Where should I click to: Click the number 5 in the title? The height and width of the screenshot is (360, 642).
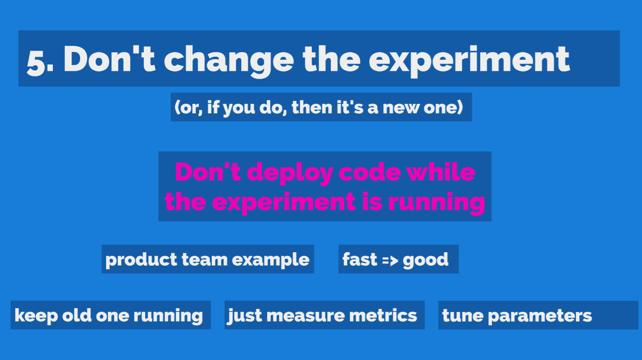pyautogui.click(x=36, y=64)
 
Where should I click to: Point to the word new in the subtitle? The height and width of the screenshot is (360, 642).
pyautogui.click(x=401, y=108)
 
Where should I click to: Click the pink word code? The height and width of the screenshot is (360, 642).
pyautogui.click(x=370, y=172)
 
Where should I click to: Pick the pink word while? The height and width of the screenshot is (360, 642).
pyautogui.click(x=441, y=172)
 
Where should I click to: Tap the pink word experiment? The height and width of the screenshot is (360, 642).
pyautogui.click(x=284, y=203)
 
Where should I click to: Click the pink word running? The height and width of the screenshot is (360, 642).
pyautogui.click(x=436, y=203)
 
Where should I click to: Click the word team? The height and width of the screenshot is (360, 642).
pyautogui.click(x=205, y=260)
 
